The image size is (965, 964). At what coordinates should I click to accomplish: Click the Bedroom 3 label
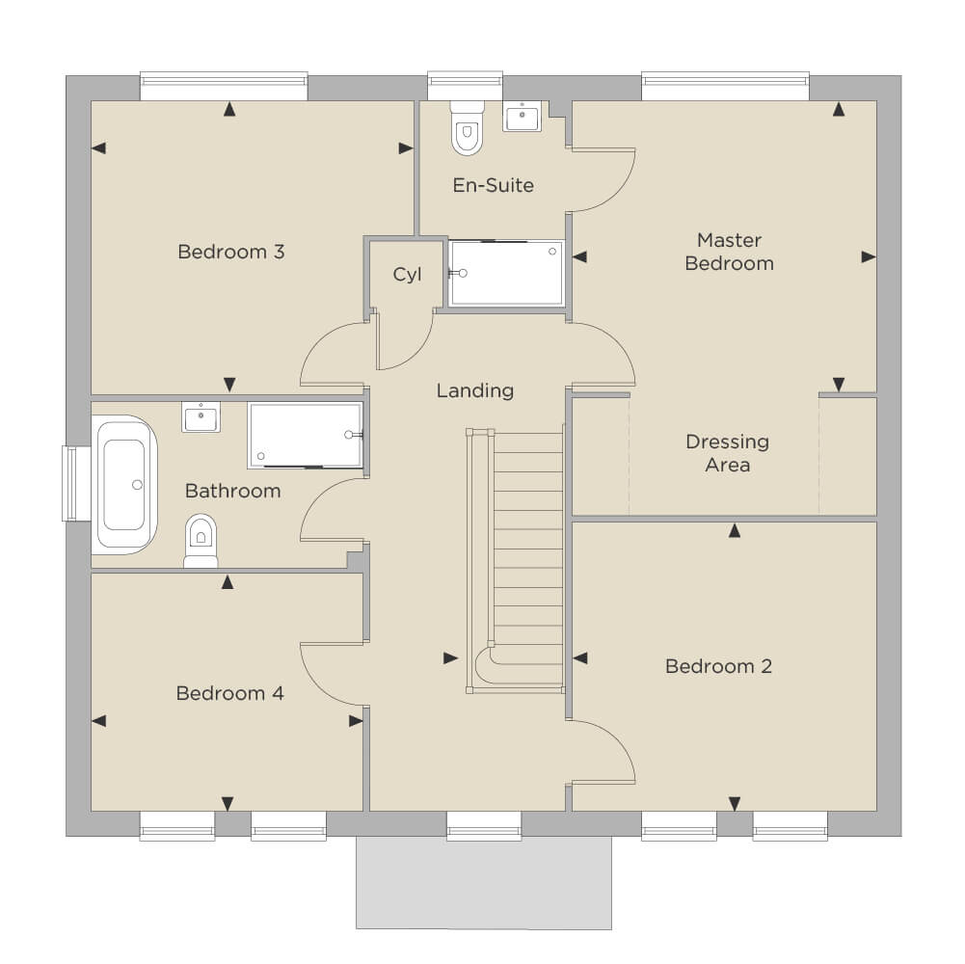point(230,252)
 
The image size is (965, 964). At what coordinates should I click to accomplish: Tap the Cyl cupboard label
point(408,275)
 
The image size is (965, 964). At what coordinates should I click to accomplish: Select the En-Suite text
point(493,185)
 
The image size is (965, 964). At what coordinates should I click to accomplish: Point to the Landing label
point(475,390)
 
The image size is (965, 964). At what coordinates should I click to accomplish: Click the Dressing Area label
point(728,453)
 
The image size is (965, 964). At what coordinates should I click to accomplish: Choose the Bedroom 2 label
point(718,666)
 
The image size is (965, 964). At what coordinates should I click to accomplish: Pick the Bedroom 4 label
point(229,693)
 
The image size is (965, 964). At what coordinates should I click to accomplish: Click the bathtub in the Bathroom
point(124,485)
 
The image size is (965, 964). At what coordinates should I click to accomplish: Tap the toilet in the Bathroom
point(201,541)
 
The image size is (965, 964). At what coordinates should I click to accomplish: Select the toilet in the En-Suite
point(468,127)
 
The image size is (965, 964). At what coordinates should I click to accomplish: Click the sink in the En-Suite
point(522,117)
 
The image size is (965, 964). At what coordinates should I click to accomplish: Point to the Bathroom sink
point(201,416)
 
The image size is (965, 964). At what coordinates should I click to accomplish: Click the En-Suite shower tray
point(506,273)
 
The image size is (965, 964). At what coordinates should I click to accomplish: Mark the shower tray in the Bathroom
point(306,435)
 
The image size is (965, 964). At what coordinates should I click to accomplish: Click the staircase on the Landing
point(516,561)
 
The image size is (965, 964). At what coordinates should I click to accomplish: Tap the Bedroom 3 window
point(224,86)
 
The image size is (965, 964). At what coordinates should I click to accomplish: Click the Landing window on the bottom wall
point(484,825)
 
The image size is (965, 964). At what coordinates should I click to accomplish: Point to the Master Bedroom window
point(726,86)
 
